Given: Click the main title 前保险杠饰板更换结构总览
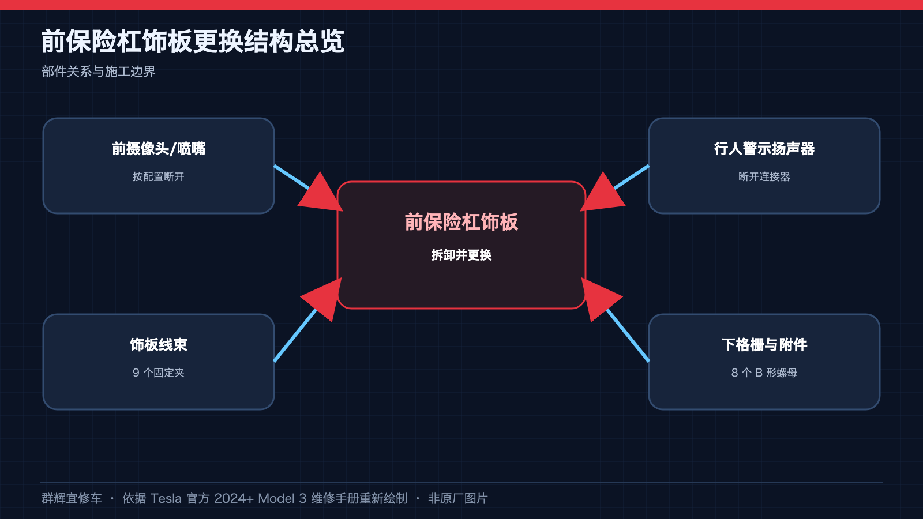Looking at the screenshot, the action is (193, 42).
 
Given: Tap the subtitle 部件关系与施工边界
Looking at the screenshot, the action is (99, 72).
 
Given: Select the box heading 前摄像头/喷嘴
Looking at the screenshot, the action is (159, 149).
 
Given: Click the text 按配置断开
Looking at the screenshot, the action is (159, 176).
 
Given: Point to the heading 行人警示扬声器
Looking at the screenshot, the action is (764, 149).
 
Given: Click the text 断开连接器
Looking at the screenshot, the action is (764, 176).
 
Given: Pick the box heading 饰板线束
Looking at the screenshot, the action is (159, 345).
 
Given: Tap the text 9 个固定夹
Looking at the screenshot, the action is (159, 373).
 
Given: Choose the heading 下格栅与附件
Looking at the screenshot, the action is (764, 345).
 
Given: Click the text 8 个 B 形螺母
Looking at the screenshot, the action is (764, 373).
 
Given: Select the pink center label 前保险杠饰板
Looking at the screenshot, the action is (461, 222).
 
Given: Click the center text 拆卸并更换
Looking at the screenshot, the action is (461, 255).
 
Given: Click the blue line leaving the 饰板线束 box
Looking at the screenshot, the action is (295, 335).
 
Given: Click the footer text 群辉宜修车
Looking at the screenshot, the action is (72, 498).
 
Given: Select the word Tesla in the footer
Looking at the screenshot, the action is (166, 498).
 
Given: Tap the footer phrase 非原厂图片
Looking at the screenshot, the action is (458, 498).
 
